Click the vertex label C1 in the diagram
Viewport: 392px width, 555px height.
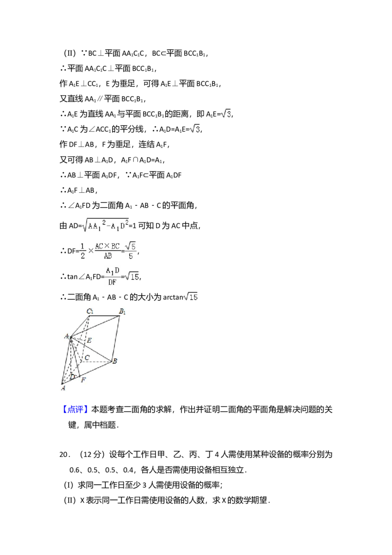pyautogui.click(x=90, y=311)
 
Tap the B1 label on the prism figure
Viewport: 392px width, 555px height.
pyautogui.click(x=122, y=311)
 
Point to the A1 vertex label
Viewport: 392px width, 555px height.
pyautogui.click(x=66, y=336)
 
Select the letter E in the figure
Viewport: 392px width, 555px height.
pyautogui.click(x=89, y=340)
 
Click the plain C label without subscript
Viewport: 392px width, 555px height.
pyautogui.click(x=87, y=358)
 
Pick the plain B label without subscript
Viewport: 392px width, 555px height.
pyautogui.click(x=115, y=362)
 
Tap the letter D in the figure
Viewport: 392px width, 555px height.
pyautogui.click(x=72, y=377)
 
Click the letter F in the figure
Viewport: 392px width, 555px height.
pyautogui.click(x=83, y=380)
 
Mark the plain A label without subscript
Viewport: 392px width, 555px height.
pyautogui.click(x=63, y=388)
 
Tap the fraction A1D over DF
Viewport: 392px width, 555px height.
pyautogui.click(x=111, y=277)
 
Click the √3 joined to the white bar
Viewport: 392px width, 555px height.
pyautogui.click(x=195, y=129)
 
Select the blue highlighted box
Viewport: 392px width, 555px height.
pyautogui.click(x=76, y=410)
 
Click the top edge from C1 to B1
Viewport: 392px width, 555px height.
pyautogui.click(x=104, y=316)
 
